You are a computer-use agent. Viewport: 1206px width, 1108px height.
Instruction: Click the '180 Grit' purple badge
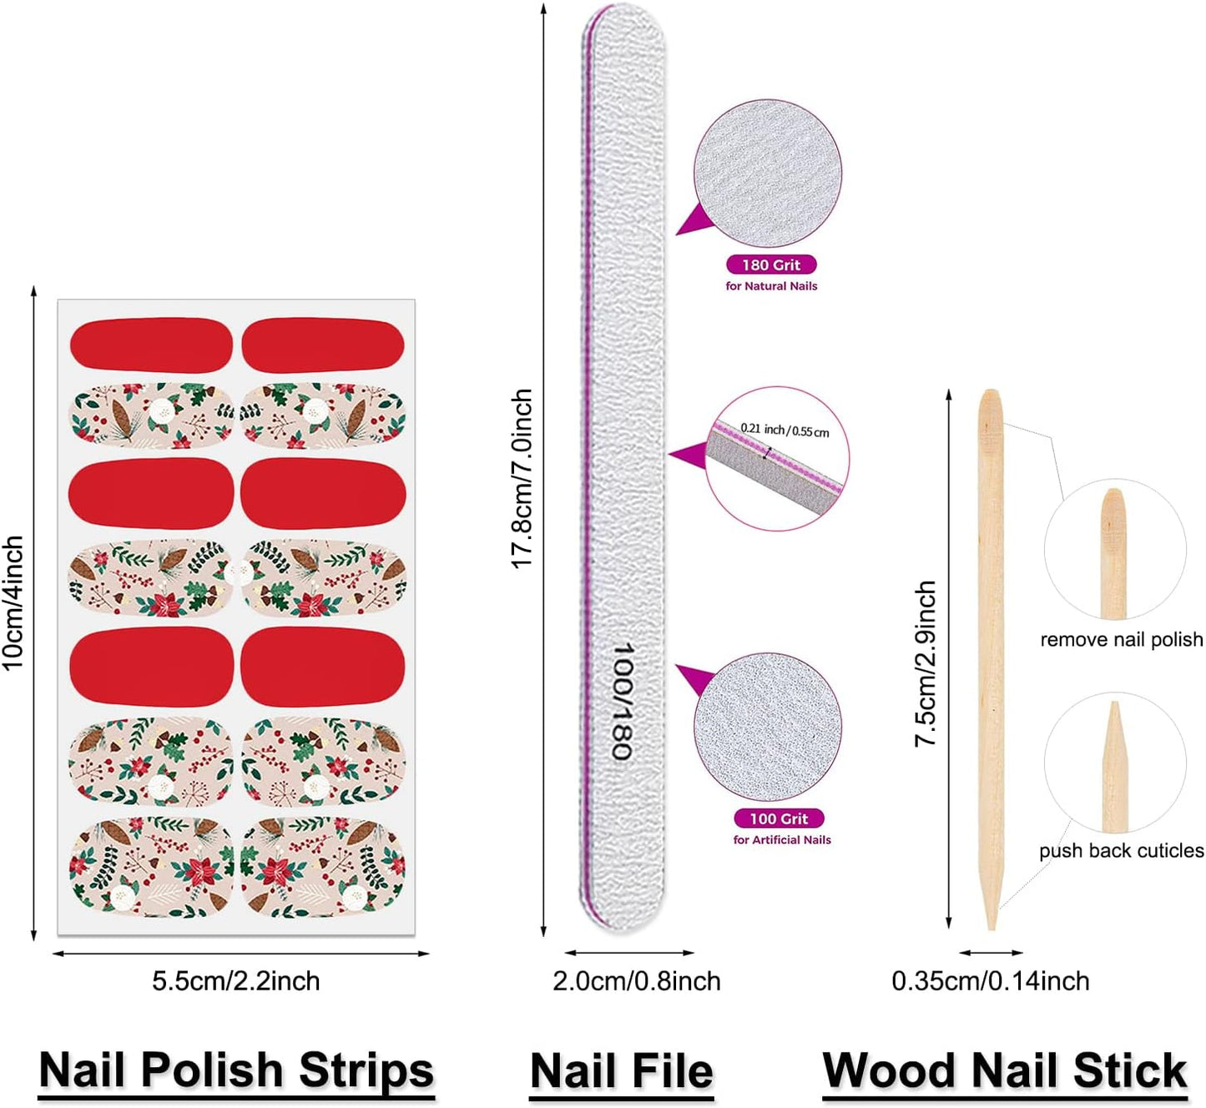[x=770, y=264]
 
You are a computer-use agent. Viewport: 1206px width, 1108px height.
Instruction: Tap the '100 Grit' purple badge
[x=779, y=818]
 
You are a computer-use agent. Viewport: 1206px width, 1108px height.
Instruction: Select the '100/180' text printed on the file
[x=622, y=701]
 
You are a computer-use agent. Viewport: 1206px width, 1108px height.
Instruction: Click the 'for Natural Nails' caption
[x=771, y=286]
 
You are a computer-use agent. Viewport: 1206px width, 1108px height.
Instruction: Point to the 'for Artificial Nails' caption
[x=782, y=840]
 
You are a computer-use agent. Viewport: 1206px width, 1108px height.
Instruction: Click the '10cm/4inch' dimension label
[x=13, y=603]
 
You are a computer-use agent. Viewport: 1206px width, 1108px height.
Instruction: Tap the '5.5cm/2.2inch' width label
[x=235, y=981]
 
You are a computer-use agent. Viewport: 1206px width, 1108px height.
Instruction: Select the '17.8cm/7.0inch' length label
[x=522, y=479]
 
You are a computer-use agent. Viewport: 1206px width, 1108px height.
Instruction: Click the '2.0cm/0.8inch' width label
[x=637, y=981]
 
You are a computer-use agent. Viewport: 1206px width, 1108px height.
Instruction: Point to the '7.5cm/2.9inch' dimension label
[x=926, y=663]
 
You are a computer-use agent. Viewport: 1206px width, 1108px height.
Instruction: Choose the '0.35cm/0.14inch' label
[x=991, y=981]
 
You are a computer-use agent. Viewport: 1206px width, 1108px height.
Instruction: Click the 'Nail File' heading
[x=622, y=1071]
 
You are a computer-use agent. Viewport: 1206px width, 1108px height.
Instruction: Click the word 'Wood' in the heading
[x=888, y=1071]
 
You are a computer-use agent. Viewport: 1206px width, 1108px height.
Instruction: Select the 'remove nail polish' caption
[x=1121, y=640]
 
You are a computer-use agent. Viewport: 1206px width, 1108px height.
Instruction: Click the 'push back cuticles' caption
[x=1121, y=851]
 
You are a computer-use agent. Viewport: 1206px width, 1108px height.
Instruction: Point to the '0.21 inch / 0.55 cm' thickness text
[x=785, y=431]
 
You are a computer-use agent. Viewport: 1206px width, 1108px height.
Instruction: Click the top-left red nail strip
[x=151, y=343]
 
